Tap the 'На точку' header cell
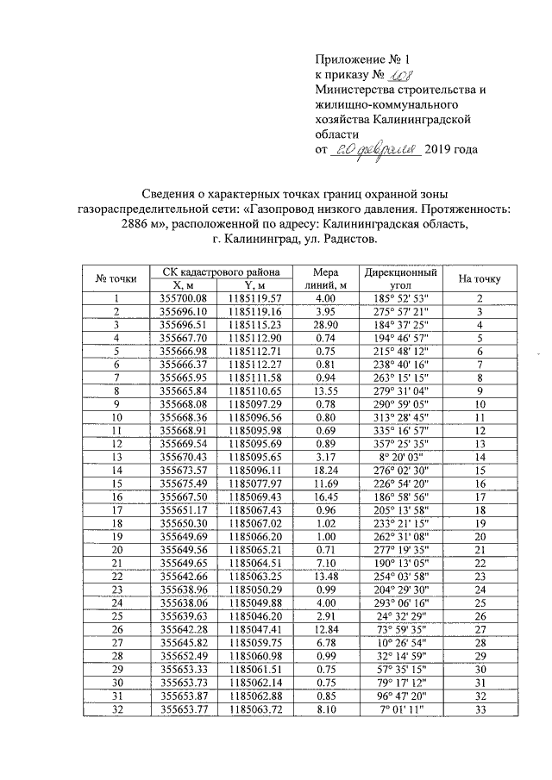pyautogui.click(x=480, y=278)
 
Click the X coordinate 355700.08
pyautogui.click(x=185, y=298)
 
